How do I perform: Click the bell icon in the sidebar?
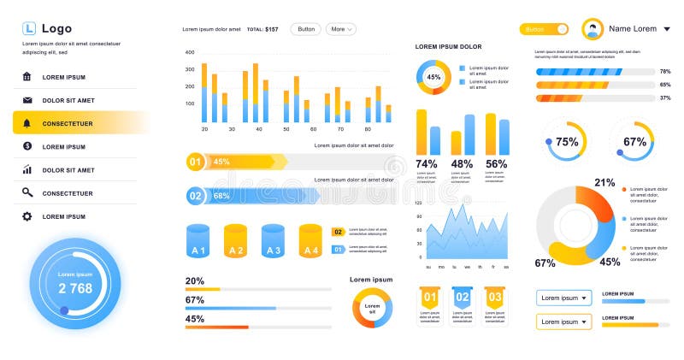(x=27, y=123)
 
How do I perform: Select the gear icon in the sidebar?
(x=27, y=216)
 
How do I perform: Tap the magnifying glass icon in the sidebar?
(x=27, y=193)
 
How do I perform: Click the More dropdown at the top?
(x=340, y=29)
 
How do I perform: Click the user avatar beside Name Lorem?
(x=593, y=30)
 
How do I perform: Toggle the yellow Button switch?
(x=544, y=29)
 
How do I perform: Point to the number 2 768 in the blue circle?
(x=75, y=289)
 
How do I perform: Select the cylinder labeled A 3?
(x=273, y=241)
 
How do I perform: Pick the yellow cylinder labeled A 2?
(x=235, y=241)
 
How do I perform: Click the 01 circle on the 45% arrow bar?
(x=195, y=161)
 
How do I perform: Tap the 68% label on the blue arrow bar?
(x=221, y=196)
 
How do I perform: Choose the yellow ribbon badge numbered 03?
(x=494, y=298)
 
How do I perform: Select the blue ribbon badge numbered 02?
(x=462, y=298)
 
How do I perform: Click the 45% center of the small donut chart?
(x=433, y=77)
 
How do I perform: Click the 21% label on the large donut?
(x=604, y=182)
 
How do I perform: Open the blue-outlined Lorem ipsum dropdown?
(x=564, y=298)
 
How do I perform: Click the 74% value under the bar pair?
(x=427, y=163)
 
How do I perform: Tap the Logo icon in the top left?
(x=29, y=28)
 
